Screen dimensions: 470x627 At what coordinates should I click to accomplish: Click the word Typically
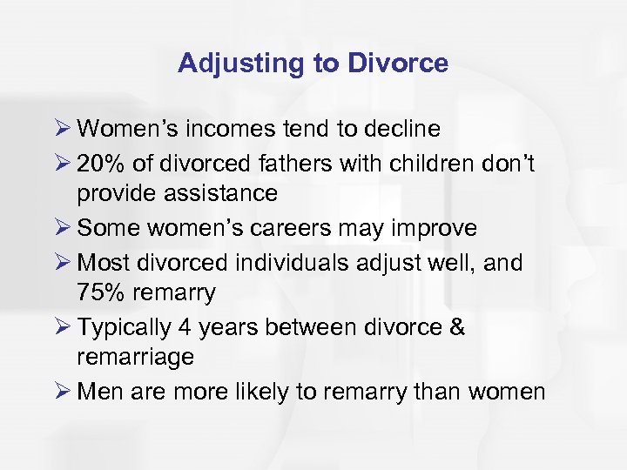[125, 326]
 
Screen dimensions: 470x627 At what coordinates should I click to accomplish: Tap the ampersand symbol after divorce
[456, 326]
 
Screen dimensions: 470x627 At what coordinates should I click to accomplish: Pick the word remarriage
[135, 358]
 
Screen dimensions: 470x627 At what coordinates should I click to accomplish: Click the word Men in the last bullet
[97, 391]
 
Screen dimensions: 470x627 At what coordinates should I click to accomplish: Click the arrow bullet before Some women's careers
[63, 228]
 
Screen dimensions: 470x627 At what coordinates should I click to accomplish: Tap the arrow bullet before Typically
[63, 326]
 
